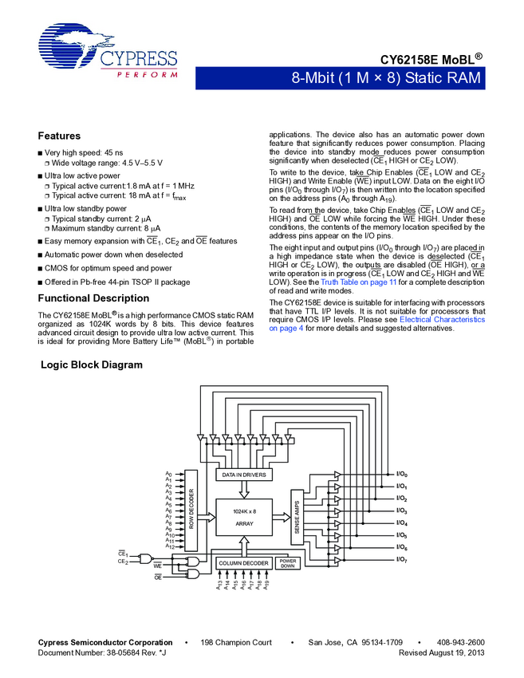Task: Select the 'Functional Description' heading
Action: click(x=93, y=298)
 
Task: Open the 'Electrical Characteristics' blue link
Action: click(x=442, y=319)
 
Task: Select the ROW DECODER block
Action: click(x=191, y=510)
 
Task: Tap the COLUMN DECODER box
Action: click(x=243, y=563)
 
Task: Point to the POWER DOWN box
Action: click(x=287, y=563)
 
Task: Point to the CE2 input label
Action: click(x=123, y=562)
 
